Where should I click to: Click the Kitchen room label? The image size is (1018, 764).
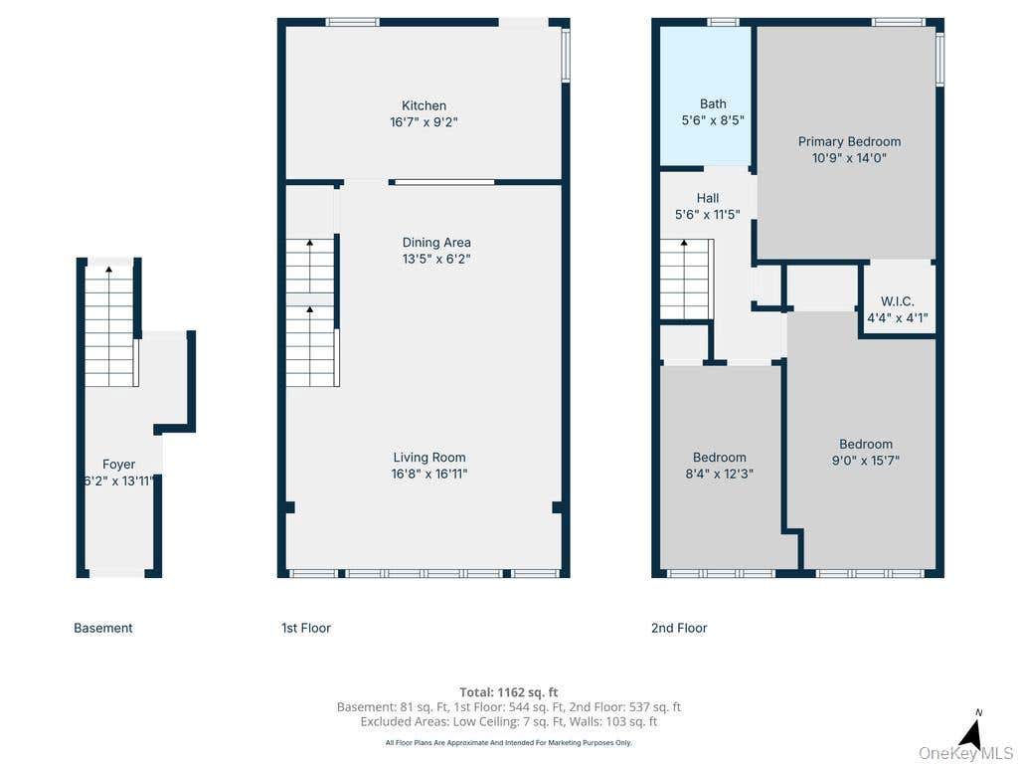click(424, 105)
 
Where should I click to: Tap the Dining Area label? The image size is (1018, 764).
click(436, 243)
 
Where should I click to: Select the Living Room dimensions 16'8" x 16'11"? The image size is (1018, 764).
click(429, 474)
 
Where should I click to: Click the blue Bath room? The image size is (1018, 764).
click(706, 95)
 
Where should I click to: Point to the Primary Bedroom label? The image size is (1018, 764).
click(849, 141)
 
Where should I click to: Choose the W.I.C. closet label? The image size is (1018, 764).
click(898, 301)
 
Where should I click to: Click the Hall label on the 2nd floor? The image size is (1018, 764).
click(708, 198)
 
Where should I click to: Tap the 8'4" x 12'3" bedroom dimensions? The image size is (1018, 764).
click(720, 474)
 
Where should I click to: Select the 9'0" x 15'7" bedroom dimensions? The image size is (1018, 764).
click(866, 461)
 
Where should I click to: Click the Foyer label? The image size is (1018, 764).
click(119, 464)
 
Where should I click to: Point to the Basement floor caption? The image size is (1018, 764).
click(103, 628)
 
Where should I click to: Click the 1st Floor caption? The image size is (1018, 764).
click(306, 628)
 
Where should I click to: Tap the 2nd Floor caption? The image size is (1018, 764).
click(679, 628)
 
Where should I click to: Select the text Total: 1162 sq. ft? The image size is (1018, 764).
click(508, 692)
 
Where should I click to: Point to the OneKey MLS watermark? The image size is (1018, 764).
click(965, 753)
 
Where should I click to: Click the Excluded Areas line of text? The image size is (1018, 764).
click(508, 721)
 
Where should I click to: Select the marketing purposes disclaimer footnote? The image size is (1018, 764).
click(508, 742)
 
